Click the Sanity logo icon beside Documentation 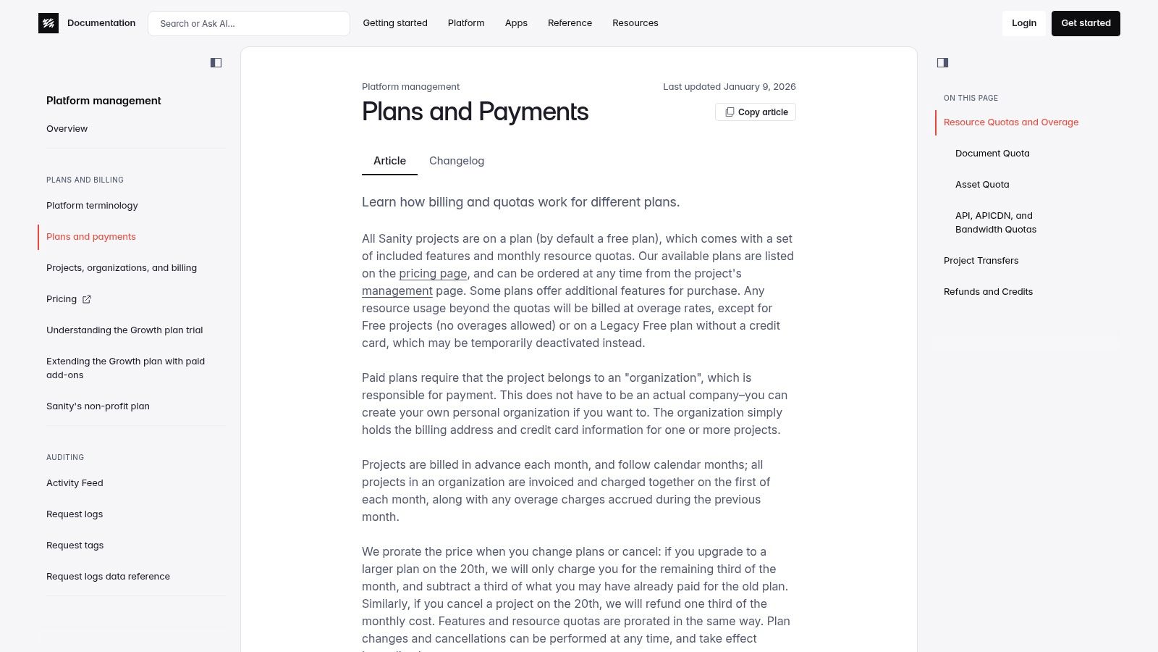48,23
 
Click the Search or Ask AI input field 248,23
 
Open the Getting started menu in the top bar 395,23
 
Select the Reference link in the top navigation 570,23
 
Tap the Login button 1023,23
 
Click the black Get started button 1085,23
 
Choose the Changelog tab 456,161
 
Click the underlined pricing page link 433,274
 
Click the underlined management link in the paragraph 397,291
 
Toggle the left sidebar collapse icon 216,63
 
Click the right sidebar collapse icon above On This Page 942,63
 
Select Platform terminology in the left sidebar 92,206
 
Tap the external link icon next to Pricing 87,299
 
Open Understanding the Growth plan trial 124,330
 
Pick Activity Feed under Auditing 75,483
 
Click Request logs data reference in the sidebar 108,577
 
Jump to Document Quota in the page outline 992,154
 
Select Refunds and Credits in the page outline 988,292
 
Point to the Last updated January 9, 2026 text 729,87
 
